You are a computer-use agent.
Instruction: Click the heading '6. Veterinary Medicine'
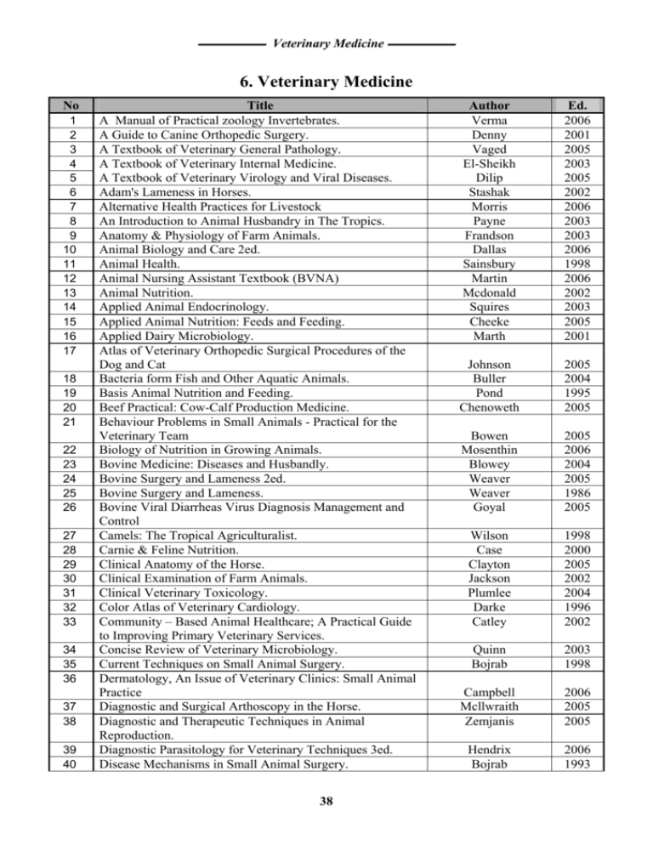click(x=326, y=83)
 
